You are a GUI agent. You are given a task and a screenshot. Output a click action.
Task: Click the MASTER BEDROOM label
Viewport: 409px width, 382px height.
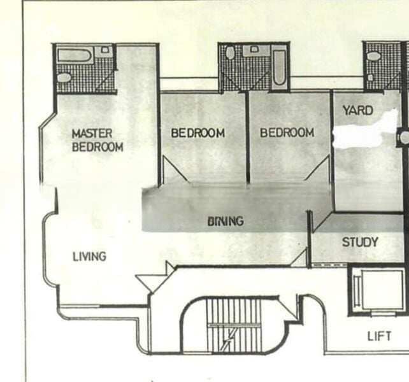(x=97, y=140)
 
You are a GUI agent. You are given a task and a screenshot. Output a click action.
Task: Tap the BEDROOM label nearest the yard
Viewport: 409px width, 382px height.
(x=287, y=132)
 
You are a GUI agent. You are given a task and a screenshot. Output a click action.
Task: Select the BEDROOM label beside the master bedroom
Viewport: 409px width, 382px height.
(x=197, y=133)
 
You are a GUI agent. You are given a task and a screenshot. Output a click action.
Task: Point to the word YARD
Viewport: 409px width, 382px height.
(x=357, y=111)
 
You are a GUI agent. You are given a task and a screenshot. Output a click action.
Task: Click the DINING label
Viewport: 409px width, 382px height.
(x=226, y=222)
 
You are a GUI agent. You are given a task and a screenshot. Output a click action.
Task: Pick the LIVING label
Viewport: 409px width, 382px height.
(x=89, y=257)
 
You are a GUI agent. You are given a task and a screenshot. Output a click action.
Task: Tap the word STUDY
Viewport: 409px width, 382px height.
(x=360, y=242)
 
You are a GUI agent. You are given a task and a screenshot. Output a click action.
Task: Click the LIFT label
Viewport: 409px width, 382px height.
(x=379, y=336)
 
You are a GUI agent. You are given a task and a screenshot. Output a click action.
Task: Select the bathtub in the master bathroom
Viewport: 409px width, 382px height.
(x=74, y=55)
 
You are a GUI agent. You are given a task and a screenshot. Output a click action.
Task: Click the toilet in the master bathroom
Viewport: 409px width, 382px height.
(x=64, y=78)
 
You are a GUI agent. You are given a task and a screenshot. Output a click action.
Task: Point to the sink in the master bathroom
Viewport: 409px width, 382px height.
(x=105, y=49)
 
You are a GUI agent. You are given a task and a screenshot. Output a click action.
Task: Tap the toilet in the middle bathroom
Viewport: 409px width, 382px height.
(x=230, y=53)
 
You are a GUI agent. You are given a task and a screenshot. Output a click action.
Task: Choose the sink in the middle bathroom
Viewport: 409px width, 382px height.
(x=254, y=49)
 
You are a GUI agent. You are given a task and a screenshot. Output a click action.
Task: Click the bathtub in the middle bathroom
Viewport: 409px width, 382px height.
(x=279, y=67)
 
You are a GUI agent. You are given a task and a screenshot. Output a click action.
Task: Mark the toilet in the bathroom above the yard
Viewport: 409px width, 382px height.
(x=373, y=57)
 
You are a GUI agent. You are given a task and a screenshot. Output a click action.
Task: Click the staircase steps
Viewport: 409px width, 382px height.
(x=234, y=325)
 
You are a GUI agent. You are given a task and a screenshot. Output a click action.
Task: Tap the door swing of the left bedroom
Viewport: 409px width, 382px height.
(x=175, y=169)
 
